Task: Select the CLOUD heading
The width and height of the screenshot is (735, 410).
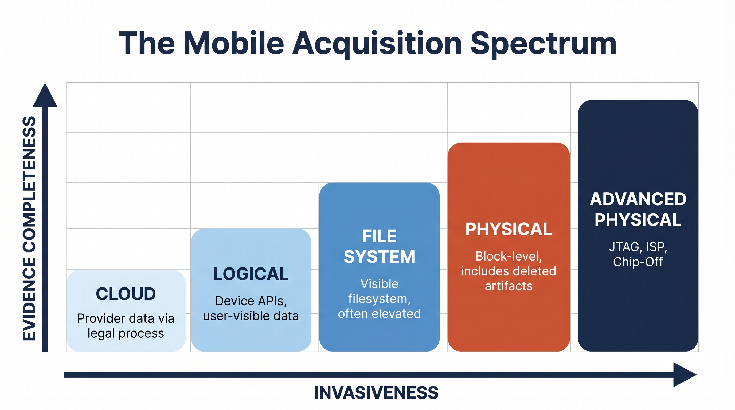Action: [126, 294]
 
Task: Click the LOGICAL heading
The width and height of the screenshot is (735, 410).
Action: [251, 274]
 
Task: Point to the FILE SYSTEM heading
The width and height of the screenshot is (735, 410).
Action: [379, 246]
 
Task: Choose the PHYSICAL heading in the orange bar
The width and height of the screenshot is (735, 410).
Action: [509, 229]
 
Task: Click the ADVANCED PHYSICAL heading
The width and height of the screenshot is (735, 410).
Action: [638, 209]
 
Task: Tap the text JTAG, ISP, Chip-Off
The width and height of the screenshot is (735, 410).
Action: [638, 254]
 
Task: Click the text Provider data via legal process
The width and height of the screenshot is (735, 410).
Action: [126, 326]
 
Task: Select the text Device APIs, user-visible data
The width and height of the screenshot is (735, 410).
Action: [251, 309]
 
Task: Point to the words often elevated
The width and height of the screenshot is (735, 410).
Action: [379, 314]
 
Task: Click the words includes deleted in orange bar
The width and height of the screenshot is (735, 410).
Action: [509, 271]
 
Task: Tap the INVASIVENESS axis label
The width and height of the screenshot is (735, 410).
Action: [376, 393]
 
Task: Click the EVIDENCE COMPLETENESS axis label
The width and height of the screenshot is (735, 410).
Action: [29, 228]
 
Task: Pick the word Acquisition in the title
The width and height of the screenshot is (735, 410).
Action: [377, 44]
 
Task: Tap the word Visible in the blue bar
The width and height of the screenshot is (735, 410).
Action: [379, 284]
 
